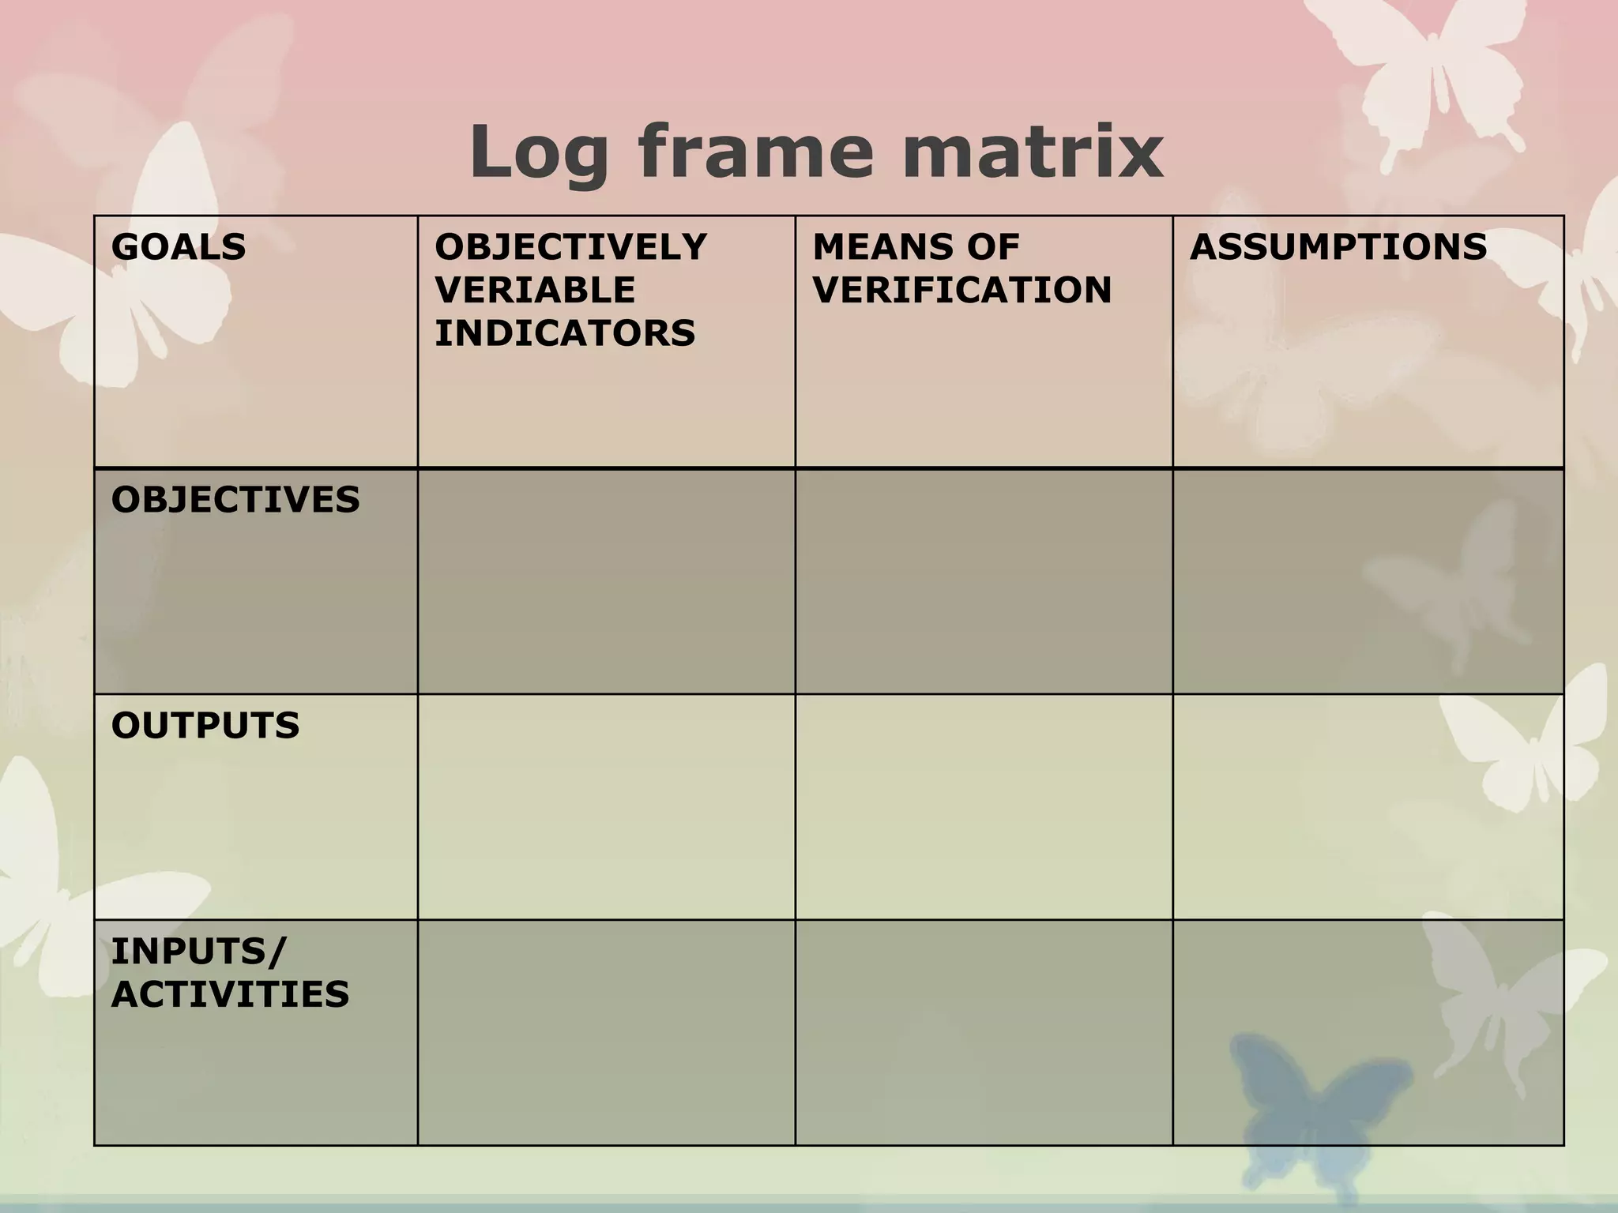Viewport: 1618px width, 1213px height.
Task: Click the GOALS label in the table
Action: point(179,247)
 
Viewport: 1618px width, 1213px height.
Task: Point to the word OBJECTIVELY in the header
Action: point(570,247)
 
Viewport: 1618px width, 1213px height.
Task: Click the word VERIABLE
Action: point(535,290)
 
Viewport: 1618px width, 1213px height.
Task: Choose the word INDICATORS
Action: point(565,332)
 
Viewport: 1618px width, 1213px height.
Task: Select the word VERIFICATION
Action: point(961,290)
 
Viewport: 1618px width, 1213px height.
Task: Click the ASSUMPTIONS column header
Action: point(1338,247)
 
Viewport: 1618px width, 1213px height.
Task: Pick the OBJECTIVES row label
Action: point(235,500)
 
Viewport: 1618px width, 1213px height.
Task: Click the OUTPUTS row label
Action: point(205,726)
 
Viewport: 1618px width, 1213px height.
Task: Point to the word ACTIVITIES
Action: point(230,994)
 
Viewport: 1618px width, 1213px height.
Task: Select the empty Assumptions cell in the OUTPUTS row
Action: point(1368,807)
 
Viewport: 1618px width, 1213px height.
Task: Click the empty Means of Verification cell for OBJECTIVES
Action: point(984,582)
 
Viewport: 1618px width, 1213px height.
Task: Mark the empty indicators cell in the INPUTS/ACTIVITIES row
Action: point(606,1032)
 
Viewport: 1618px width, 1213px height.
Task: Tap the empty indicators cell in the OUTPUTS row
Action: point(606,807)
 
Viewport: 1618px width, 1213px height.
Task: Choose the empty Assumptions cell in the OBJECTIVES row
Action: point(1368,582)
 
